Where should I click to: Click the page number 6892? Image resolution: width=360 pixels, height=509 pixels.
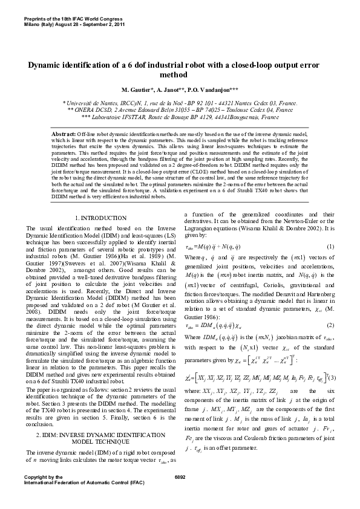tap(180, 478)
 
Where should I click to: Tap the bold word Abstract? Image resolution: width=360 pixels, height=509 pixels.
tap(63, 132)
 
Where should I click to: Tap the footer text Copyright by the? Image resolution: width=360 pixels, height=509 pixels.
tap(42, 478)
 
